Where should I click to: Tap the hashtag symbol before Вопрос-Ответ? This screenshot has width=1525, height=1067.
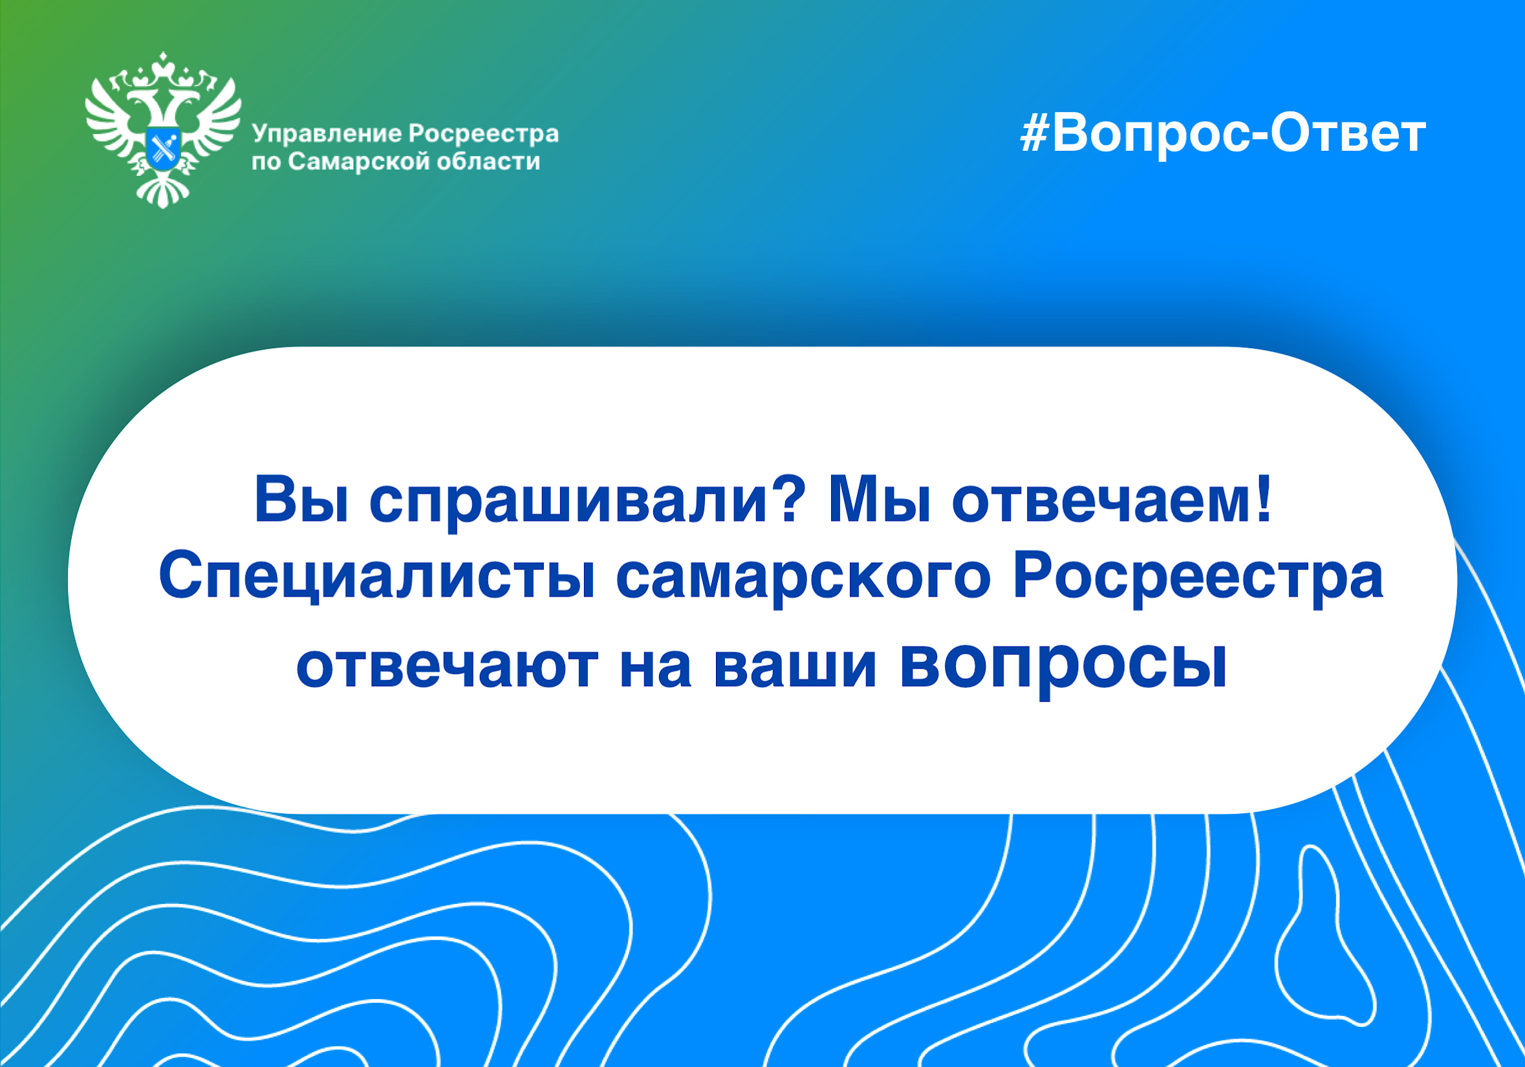pos(1033,135)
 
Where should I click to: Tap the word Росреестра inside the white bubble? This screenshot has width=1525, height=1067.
pos(1198,582)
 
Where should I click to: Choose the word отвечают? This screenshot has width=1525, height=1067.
pos(447,666)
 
